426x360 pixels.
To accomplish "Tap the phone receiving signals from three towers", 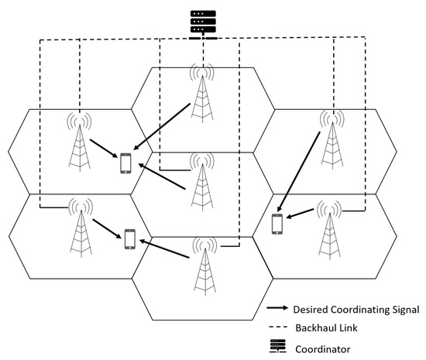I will (125, 164).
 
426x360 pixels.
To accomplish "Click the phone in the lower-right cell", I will (277, 223).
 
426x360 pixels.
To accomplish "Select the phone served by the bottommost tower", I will (129, 239).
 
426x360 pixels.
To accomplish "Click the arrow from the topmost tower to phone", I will (163, 126).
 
